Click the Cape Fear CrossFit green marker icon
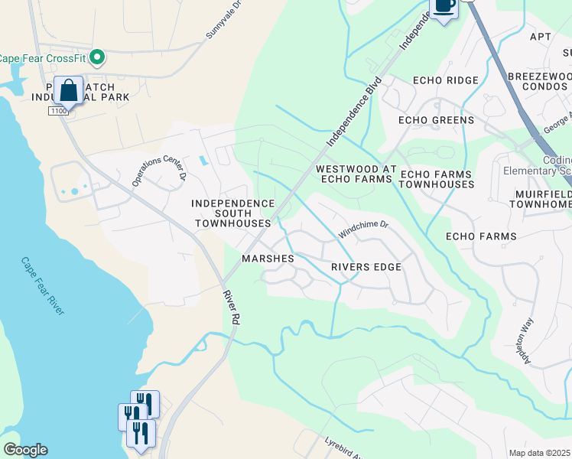(x=96, y=57)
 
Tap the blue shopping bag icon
(x=68, y=90)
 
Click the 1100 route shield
(x=59, y=111)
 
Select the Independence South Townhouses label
(x=232, y=213)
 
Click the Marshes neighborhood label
(x=268, y=259)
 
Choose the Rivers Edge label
(x=366, y=267)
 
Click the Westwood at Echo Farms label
(x=356, y=173)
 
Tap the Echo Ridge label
(x=445, y=80)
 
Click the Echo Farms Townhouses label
(x=436, y=179)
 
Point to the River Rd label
(x=232, y=309)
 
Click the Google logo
(x=25, y=450)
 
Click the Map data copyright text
(x=540, y=453)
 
